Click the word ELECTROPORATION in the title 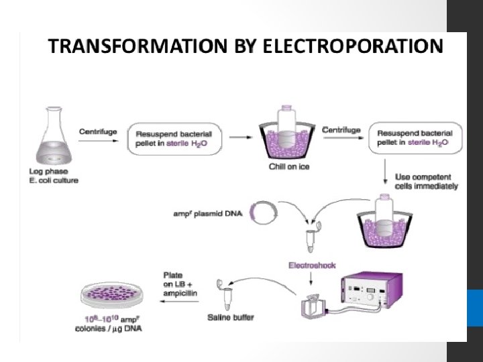[x=353, y=46]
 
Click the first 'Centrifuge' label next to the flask [x=98, y=131]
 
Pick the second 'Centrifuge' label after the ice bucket [x=341, y=130]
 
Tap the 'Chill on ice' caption [x=288, y=167]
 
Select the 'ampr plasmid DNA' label [x=207, y=214]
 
